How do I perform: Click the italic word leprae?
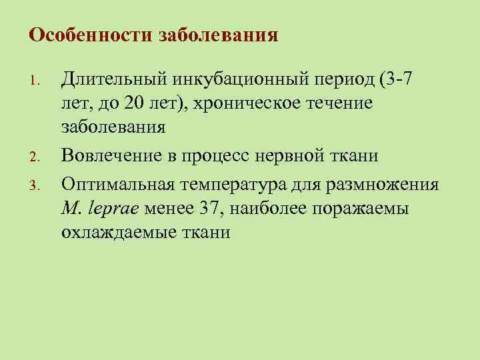click(x=111, y=208)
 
